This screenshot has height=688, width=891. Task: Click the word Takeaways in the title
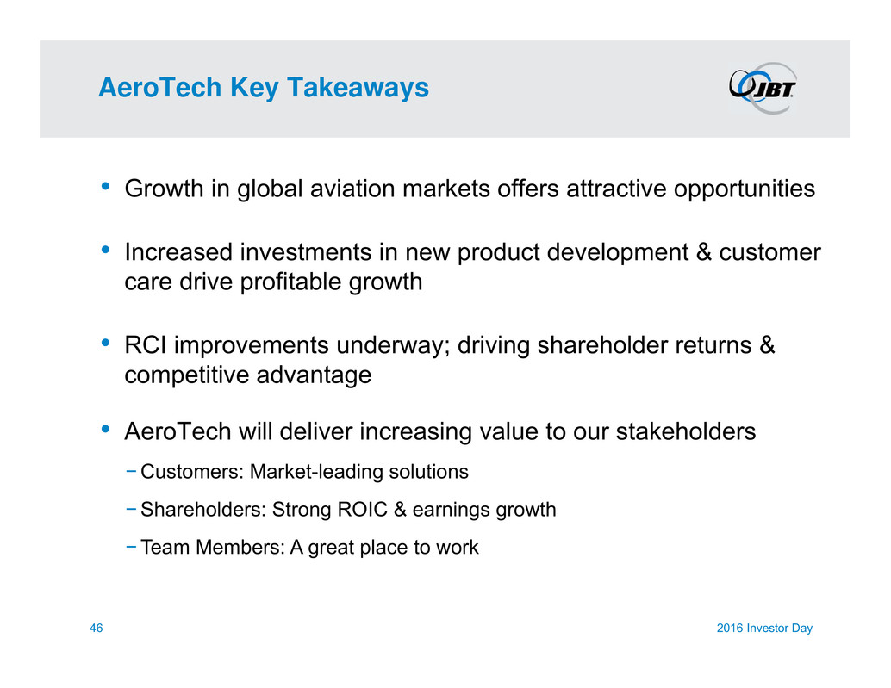[358, 88]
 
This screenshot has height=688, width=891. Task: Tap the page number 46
[96, 628]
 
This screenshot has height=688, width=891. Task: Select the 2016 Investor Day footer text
[764, 628]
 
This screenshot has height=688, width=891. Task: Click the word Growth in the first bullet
[164, 189]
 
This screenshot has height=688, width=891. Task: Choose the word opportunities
[745, 189]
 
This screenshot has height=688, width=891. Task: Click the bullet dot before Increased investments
[105, 250]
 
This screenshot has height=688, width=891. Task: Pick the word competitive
[186, 375]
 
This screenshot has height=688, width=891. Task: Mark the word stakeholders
[686, 431]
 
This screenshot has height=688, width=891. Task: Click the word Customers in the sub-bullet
[192, 472]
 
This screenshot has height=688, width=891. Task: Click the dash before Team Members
[131, 547]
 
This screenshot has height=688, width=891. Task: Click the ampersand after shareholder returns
[767, 345]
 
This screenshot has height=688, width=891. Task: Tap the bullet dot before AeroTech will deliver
[105, 429]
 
